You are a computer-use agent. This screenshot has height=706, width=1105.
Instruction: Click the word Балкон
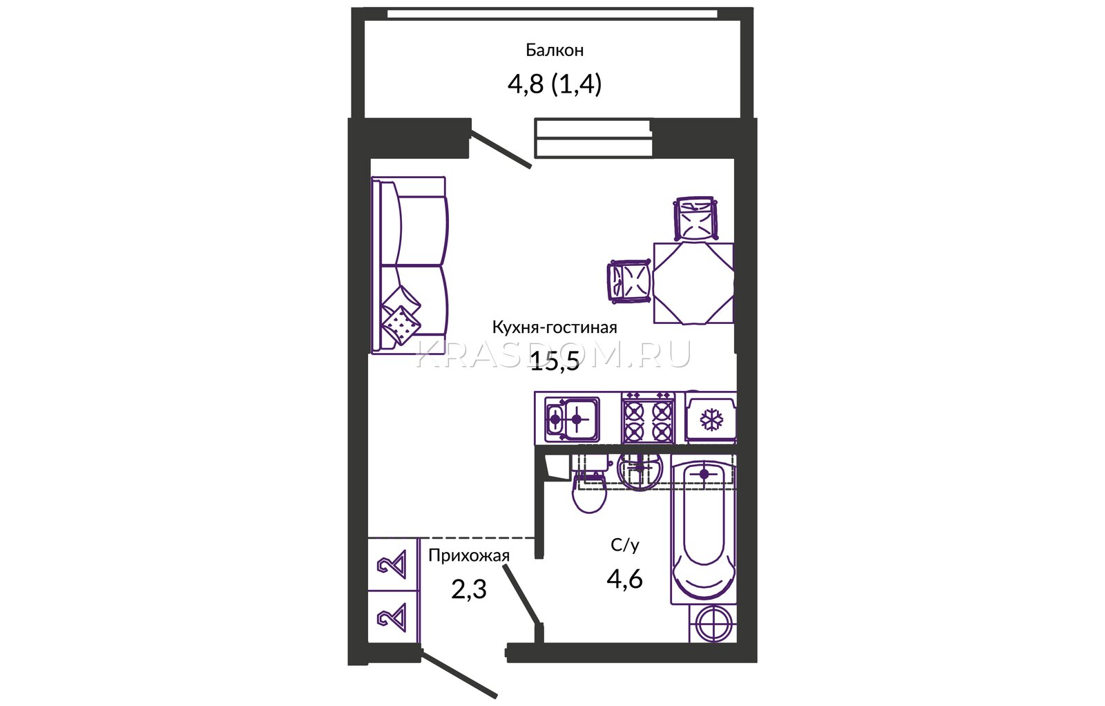click(x=555, y=50)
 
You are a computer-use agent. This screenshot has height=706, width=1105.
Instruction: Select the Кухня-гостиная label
click(x=555, y=327)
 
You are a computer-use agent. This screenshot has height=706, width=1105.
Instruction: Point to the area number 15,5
click(x=555, y=362)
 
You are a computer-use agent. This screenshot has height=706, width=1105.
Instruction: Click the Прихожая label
click(x=469, y=555)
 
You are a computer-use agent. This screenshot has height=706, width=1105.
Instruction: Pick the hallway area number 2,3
click(x=469, y=589)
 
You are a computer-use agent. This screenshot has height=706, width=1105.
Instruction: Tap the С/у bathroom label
click(x=625, y=545)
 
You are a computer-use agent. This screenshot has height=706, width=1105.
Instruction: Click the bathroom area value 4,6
click(x=624, y=579)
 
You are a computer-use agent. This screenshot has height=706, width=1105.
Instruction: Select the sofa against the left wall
click(x=409, y=265)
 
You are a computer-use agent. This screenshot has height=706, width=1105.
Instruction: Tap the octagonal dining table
click(x=693, y=283)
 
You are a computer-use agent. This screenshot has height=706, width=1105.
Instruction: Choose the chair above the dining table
click(x=696, y=218)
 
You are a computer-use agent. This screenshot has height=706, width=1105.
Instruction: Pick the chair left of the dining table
click(x=630, y=280)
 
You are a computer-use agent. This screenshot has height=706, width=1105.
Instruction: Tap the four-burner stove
click(x=648, y=418)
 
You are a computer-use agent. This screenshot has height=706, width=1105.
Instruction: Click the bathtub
click(x=704, y=529)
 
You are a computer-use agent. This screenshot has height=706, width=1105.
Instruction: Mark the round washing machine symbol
click(x=713, y=624)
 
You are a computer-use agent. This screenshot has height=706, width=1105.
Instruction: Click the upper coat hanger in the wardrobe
click(x=392, y=564)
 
